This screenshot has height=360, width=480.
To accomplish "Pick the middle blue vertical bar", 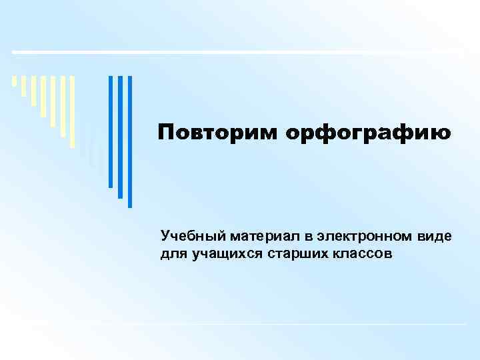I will click(121, 137).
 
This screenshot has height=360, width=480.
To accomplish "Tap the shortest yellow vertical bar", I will click(14, 82).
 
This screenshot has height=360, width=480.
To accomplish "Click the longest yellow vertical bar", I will click(72, 111).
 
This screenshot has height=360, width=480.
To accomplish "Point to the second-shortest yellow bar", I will click(24, 86).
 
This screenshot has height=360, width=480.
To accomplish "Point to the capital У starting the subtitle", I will click(165, 237).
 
